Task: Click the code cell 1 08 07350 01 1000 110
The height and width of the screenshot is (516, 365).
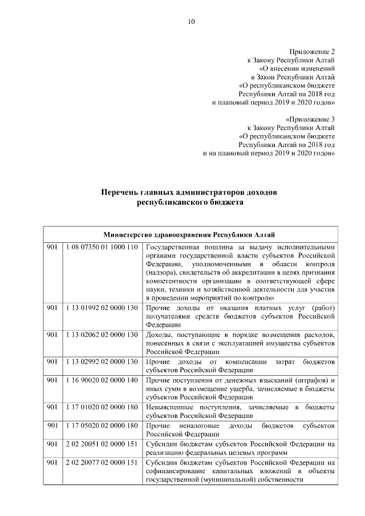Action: click(102, 247)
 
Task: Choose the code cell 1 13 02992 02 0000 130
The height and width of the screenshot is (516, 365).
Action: click(102, 361)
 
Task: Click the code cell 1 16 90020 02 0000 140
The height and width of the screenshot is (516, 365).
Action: click(102, 380)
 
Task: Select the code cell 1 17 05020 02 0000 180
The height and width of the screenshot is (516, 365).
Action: click(102, 425)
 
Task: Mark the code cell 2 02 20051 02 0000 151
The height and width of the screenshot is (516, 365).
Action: click(102, 444)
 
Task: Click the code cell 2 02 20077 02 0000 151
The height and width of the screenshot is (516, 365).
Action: click(102, 462)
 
